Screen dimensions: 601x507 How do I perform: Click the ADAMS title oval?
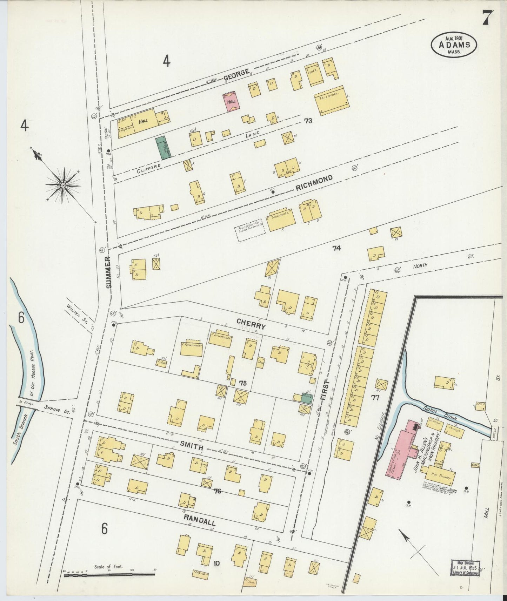pyautogui.click(x=454, y=45)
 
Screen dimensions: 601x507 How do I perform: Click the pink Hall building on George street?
pyautogui.click(x=232, y=101)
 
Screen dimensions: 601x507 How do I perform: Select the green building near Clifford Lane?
pyautogui.click(x=163, y=148)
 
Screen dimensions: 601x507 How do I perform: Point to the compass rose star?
pyautogui.click(x=63, y=185)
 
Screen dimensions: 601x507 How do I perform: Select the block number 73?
pyautogui.click(x=308, y=121)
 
